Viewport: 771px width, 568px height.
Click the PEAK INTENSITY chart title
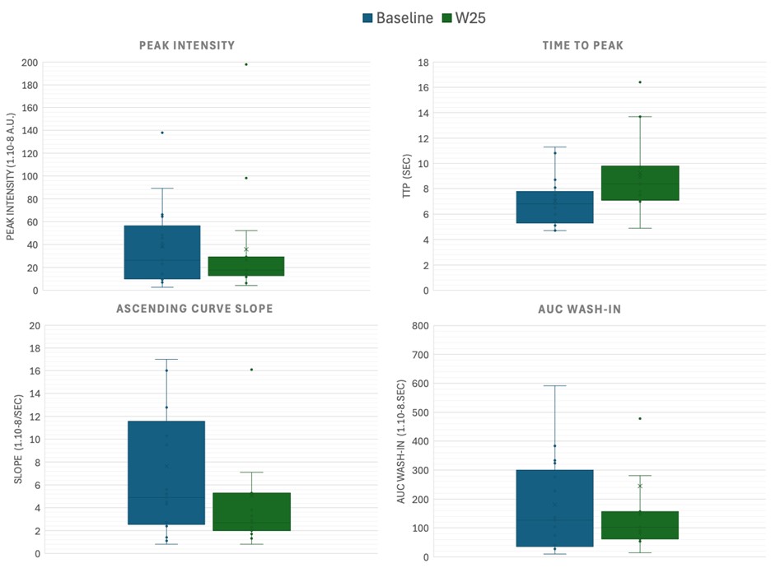[x=187, y=45]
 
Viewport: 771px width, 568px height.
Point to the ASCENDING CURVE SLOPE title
[x=194, y=309]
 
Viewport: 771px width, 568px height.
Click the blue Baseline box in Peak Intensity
[x=162, y=252]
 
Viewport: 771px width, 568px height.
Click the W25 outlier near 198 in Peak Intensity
[x=245, y=64]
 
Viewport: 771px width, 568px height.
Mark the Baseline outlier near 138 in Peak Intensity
[x=162, y=133]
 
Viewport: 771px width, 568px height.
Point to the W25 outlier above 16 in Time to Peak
[x=640, y=81]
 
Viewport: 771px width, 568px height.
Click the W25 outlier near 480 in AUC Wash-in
[x=640, y=418]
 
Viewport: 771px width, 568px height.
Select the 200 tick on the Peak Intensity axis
[x=29, y=63]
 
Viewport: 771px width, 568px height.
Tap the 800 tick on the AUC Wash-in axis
[x=418, y=326]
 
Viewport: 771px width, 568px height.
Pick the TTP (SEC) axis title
[x=406, y=177]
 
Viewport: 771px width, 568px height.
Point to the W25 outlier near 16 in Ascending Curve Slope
[x=251, y=370]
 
